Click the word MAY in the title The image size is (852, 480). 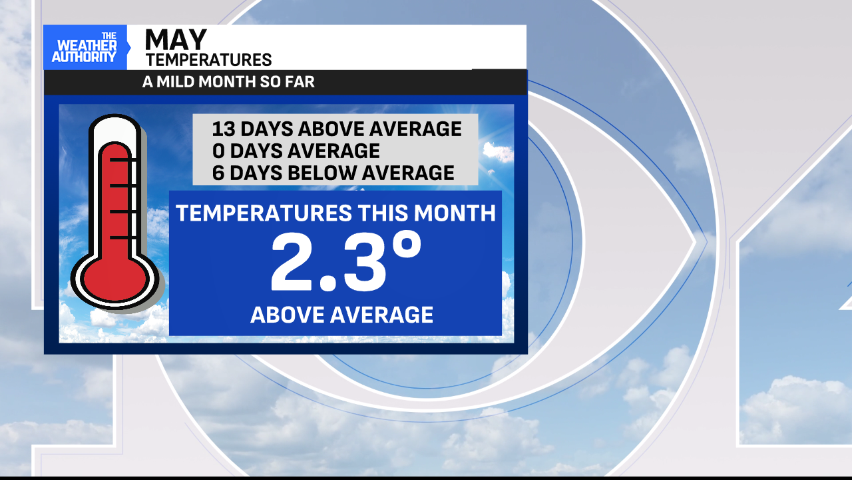coord(176,39)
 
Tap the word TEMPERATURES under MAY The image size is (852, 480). coord(209,60)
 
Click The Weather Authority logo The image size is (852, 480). coord(85,47)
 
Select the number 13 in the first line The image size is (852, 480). coord(224,129)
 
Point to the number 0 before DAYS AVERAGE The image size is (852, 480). coord(218,151)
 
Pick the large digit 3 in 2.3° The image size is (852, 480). coord(365,262)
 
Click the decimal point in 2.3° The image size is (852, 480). coord(329,284)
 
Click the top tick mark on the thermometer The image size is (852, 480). coord(123,160)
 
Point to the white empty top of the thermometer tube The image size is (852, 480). coord(115,130)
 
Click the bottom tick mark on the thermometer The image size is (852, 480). coord(123,238)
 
